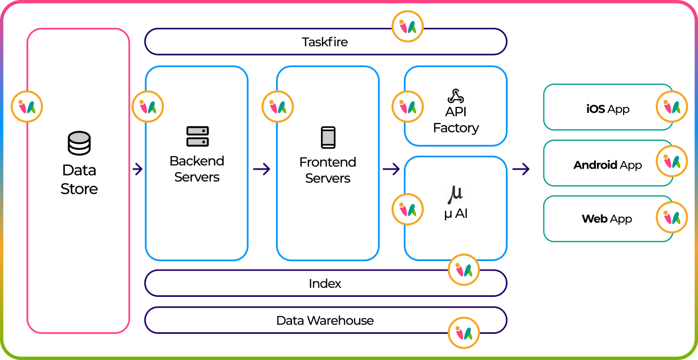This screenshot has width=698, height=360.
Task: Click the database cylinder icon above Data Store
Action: (x=79, y=143)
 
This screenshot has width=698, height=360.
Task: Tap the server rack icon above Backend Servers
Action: (x=197, y=137)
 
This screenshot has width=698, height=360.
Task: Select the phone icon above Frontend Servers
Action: (x=328, y=137)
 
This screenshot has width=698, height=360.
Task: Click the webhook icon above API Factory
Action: (x=456, y=96)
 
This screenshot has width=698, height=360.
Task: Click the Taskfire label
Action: (x=325, y=42)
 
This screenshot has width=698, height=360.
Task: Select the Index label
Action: (x=325, y=284)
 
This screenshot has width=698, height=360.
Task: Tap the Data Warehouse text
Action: (x=325, y=321)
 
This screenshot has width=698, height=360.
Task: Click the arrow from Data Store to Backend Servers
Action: (x=137, y=170)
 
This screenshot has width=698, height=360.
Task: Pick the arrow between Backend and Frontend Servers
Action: (x=262, y=170)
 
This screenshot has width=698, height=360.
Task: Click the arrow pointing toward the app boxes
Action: (x=520, y=170)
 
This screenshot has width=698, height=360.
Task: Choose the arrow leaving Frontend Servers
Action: (x=391, y=170)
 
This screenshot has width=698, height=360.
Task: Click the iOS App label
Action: (x=608, y=109)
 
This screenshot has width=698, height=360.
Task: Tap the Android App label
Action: (x=608, y=165)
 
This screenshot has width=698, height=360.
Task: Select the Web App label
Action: (x=607, y=219)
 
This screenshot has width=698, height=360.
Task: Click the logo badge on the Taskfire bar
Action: (x=408, y=26)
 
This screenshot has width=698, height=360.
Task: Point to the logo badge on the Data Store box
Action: (x=27, y=106)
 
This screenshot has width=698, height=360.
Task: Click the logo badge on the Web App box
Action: (x=672, y=217)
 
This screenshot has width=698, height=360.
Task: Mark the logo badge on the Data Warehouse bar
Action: (x=464, y=333)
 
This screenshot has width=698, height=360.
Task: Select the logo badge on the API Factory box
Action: (x=408, y=106)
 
